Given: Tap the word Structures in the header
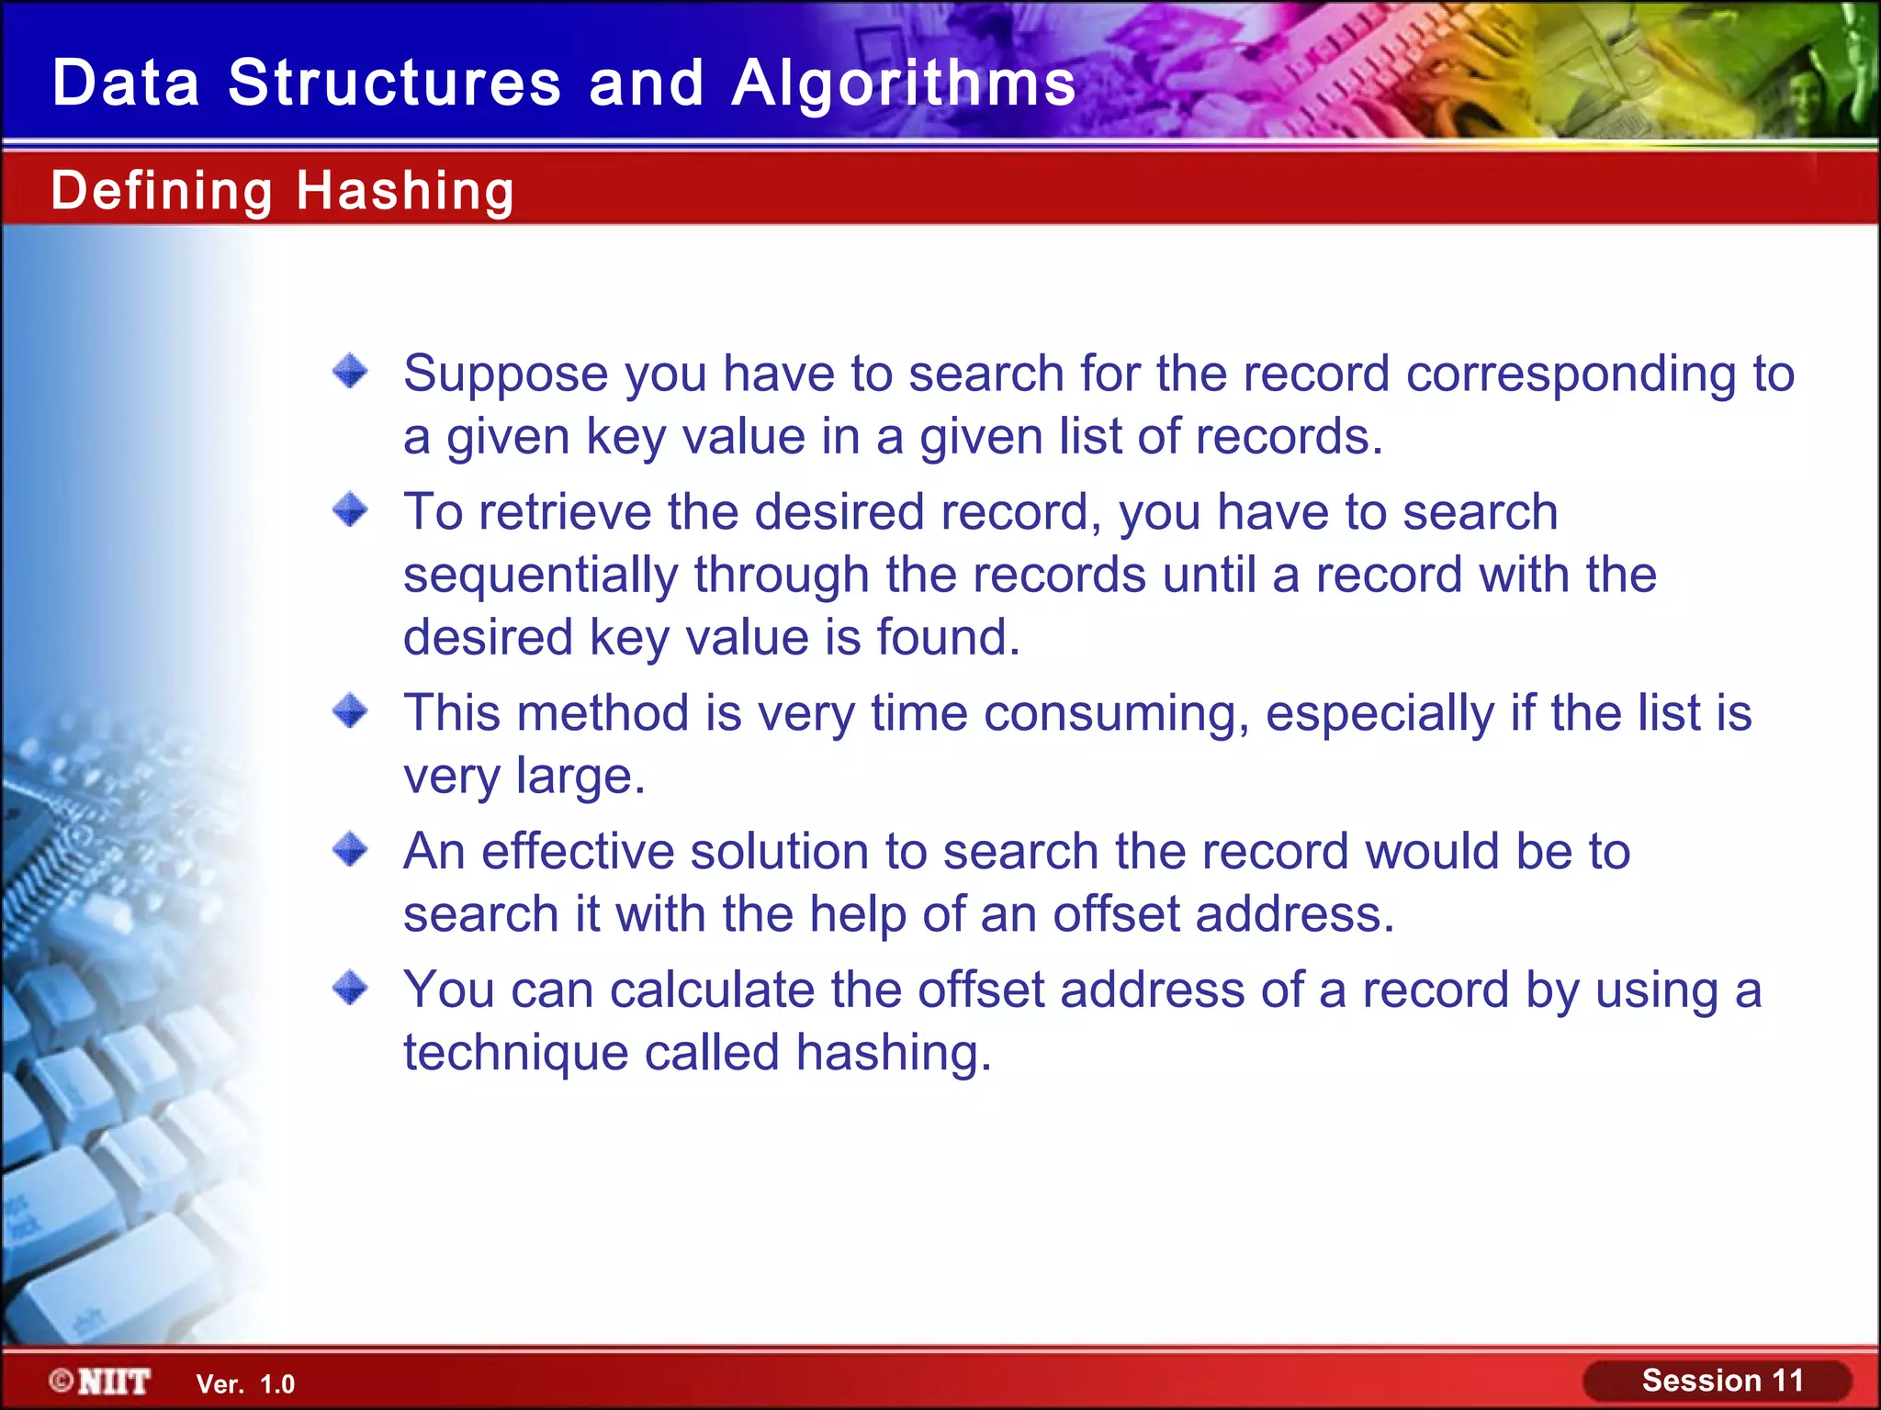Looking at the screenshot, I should tap(394, 84).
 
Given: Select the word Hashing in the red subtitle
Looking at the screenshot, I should tap(405, 191).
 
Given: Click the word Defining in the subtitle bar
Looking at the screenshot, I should tap(162, 191).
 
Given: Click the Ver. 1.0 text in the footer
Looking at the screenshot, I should tap(245, 1384).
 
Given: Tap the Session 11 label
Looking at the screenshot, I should tap(1722, 1381).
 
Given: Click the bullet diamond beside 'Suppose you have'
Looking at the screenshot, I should tap(350, 372).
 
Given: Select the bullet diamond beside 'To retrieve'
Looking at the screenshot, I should tap(350, 509).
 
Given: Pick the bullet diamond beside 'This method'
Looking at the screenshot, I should tap(350, 711).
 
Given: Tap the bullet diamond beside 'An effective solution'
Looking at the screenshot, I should tap(350, 849).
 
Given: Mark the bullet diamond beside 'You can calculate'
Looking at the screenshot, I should tap(350, 989).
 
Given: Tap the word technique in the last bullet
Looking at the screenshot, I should tap(515, 1053).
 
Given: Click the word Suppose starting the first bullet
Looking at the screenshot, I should tap(506, 375).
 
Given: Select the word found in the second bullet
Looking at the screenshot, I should tap(948, 637).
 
